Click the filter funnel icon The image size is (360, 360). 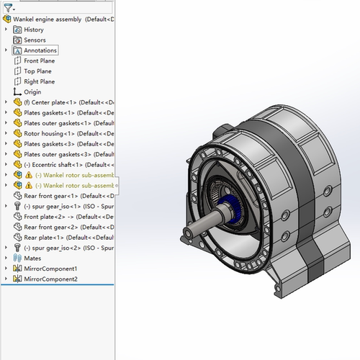click(x=8, y=8)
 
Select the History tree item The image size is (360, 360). click(x=34, y=30)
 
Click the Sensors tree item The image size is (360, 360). click(x=35, y=40)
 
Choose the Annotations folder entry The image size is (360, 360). click(x=40, y=50)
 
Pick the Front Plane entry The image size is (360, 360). click(x=40, y=61)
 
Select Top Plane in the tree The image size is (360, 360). click(x=37, y=71)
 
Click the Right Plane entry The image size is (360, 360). click(x=40, y=81)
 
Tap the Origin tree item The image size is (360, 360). click(x=32, y=92)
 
